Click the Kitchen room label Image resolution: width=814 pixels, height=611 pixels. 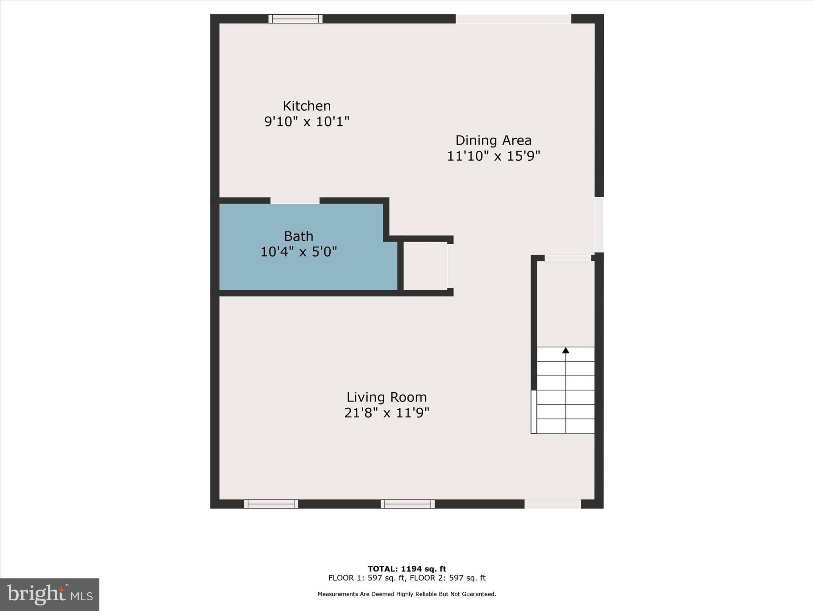click(306, 106)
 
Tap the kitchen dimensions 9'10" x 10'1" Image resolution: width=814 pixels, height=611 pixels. click(306, 121)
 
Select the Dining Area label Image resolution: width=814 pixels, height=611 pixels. click(493, 140)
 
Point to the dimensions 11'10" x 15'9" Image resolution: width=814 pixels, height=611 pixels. click(493, 156)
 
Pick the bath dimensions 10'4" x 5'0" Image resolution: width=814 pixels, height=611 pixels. click(298, 252)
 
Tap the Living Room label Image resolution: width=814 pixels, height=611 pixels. click(386, 397)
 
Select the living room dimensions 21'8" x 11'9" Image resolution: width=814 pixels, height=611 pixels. click(386, 413)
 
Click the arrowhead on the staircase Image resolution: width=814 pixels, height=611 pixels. click(566, 350)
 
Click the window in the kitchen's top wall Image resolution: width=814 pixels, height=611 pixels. click(295, 19)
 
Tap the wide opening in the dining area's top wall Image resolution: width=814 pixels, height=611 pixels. click(513, 19)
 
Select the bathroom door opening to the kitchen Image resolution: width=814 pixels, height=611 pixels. click(295, 200)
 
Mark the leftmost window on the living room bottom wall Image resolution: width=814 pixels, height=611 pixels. click(271, 504)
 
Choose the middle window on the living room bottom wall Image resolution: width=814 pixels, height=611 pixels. click(408, 504)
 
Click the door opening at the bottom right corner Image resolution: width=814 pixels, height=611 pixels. click(552, 504)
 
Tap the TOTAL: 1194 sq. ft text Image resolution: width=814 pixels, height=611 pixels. click(407, 569)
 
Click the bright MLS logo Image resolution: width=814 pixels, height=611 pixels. click(50, 595)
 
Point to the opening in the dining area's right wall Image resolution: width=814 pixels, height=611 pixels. click(599, 225)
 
